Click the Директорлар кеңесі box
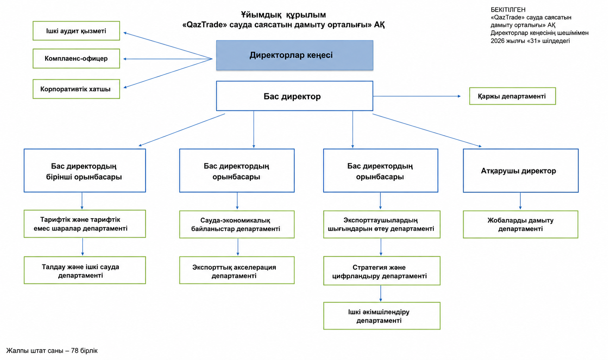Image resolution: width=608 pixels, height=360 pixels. [295, 55]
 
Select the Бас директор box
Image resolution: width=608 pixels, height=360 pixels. [295, 96]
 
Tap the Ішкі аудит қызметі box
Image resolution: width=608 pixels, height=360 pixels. [76, 31]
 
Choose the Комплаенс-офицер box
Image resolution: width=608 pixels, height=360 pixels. [76, 58]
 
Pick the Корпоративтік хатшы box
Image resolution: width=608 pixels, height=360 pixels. [76, 89]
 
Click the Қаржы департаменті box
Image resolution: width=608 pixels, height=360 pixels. [513, 96]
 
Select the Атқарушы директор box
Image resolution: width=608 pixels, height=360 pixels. [521, 170]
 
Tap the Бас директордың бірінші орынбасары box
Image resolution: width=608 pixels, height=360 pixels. [85, 170]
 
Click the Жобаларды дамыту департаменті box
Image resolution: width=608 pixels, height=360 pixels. [520, 224]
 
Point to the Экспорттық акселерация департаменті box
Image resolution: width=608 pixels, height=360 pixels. [237, 270]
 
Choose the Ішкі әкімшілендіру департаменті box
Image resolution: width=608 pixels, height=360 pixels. [382, 316]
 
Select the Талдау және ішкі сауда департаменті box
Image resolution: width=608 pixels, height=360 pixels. [85, 270]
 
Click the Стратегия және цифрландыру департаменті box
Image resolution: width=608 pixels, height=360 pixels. [382, 271]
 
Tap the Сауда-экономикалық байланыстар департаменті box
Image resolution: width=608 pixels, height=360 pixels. [237, 224]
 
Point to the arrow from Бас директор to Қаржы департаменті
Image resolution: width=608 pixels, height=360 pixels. [417, 96]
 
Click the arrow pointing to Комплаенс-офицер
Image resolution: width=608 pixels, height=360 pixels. [168, 59]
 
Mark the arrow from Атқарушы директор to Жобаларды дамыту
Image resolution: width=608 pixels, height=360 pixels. [520, 201]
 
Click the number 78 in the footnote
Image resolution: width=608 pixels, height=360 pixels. [75, 351]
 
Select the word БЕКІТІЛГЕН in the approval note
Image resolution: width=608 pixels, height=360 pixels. [508, 10]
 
